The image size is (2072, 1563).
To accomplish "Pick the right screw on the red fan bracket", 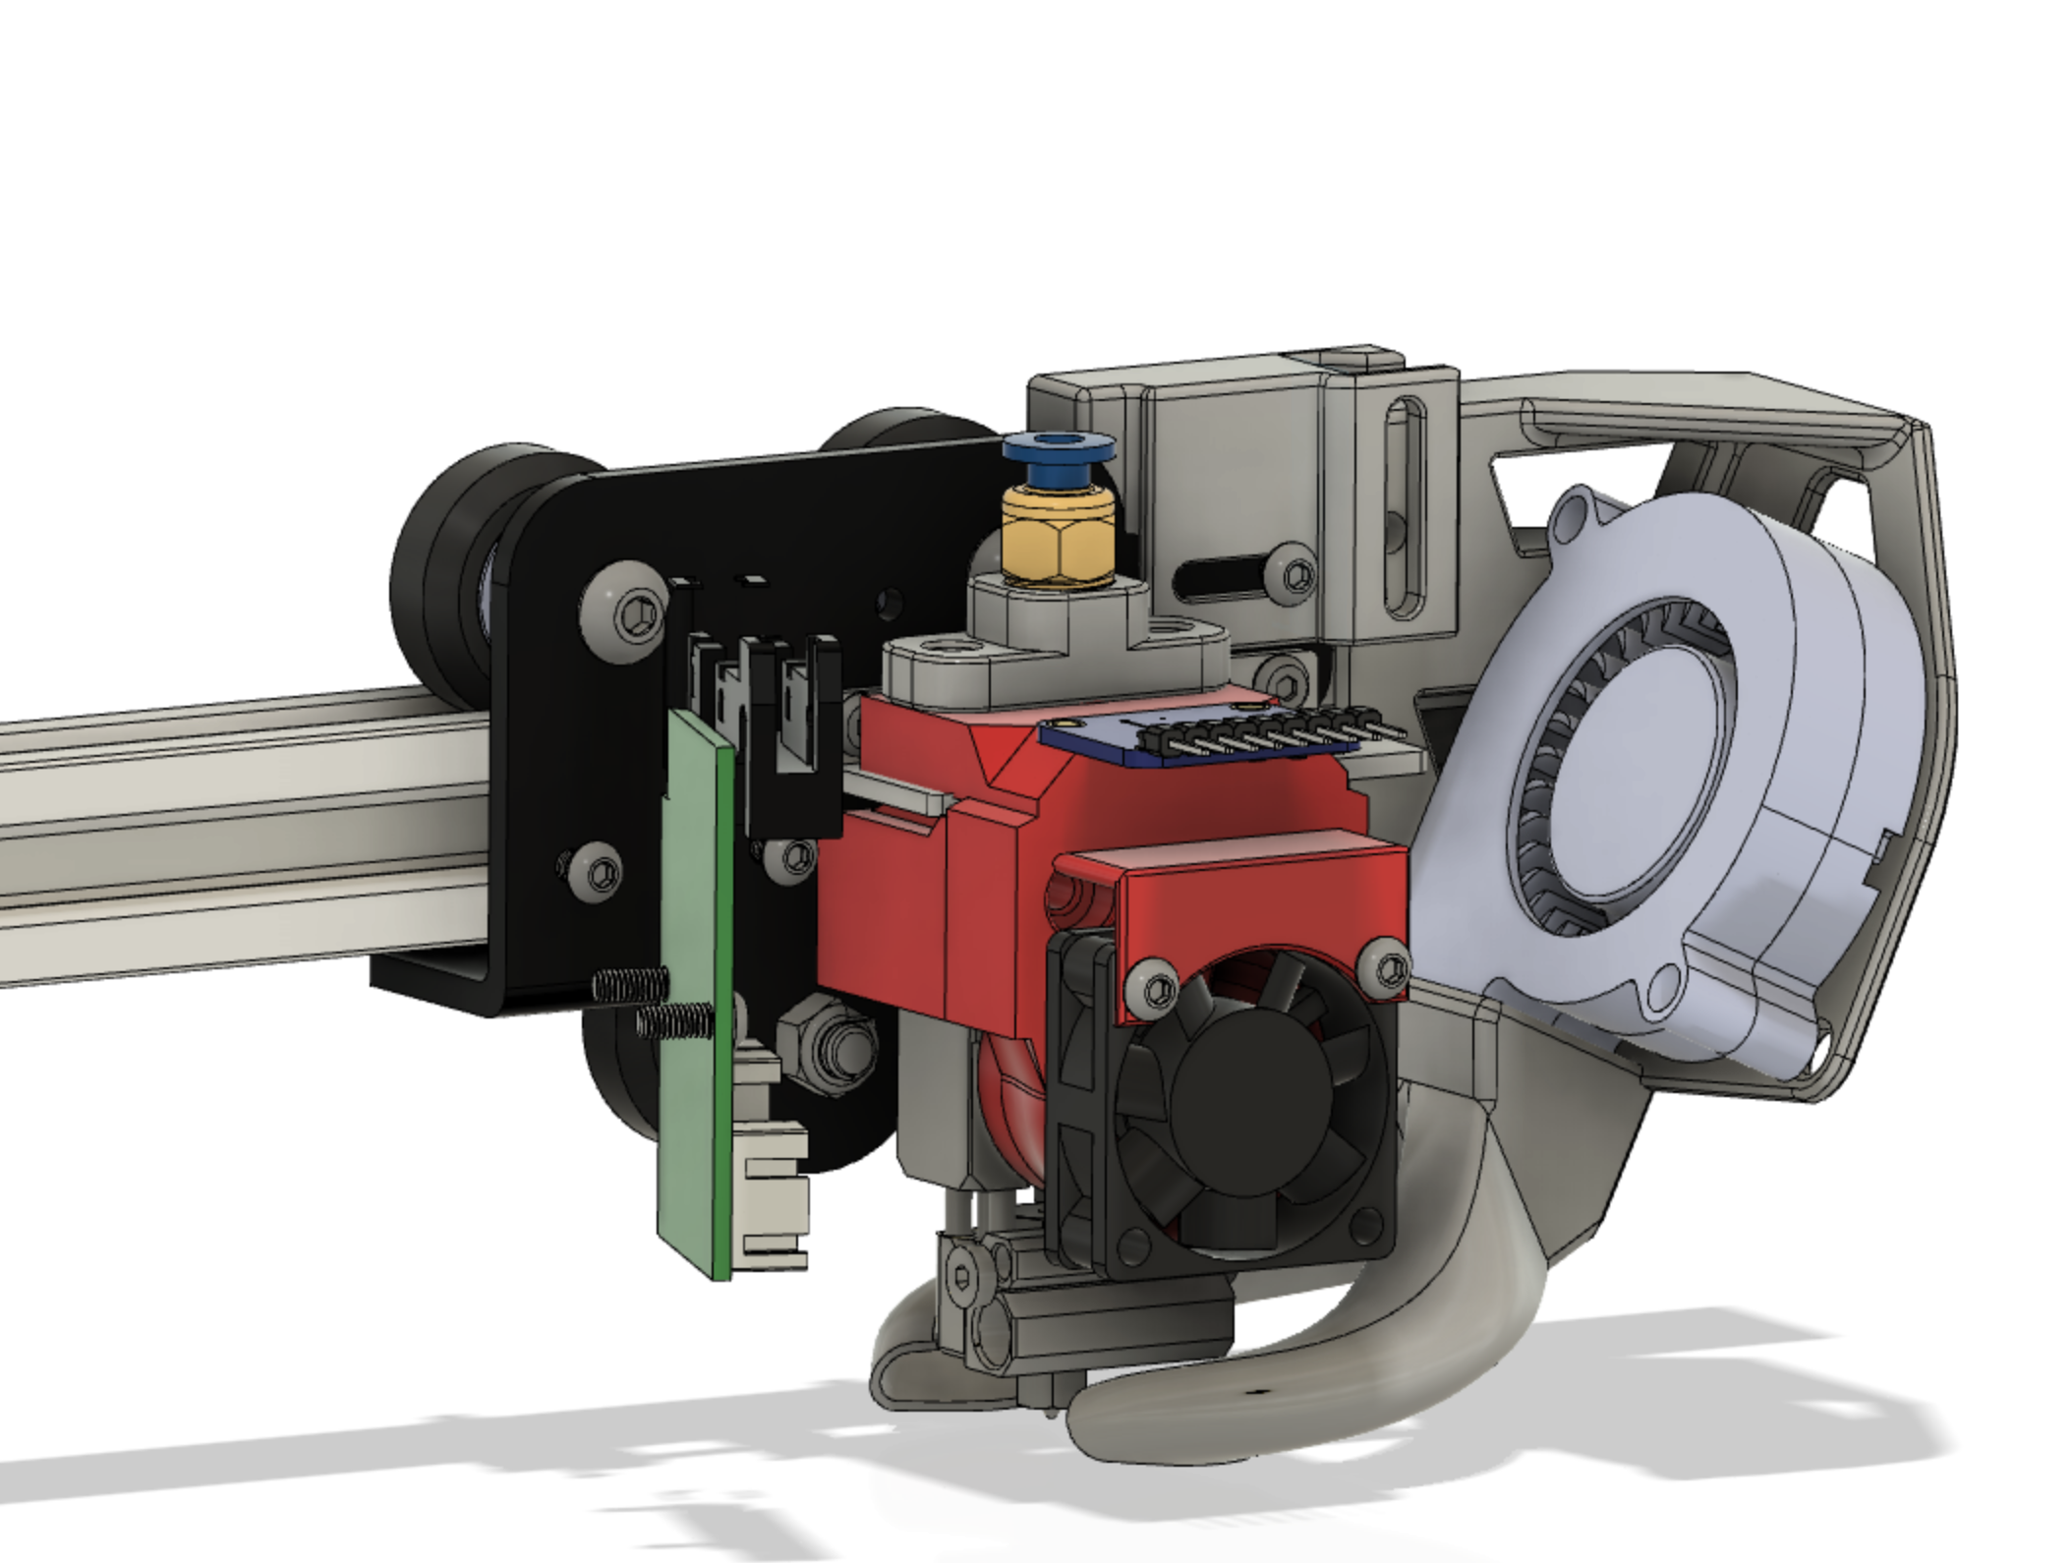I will click(x=1385, y=968).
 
